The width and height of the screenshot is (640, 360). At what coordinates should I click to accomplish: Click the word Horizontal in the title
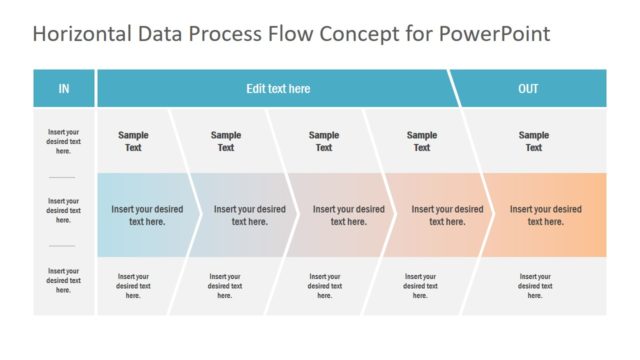(x=78, y=35)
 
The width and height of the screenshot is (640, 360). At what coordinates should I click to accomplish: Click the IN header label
(x=64, y=89)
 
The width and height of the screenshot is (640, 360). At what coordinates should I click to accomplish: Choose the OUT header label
(x=528, y=89)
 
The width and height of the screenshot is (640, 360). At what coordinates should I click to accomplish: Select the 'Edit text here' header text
(x=278, y=89)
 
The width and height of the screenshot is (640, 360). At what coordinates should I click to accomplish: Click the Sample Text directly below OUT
(x=534, y=141)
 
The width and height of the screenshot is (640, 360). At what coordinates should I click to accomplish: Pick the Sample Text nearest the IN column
(x=133, y=141)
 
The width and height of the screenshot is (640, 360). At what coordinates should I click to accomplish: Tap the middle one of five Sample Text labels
(x=324, y=141)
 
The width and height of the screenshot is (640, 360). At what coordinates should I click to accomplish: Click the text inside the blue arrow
(x=147, y=215)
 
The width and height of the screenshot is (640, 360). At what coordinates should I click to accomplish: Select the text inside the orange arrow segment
(x=546, y=215)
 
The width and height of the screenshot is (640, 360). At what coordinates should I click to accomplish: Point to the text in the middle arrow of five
(x=348, y=215)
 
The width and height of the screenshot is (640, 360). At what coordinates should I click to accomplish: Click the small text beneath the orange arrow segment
(x=535, y=286)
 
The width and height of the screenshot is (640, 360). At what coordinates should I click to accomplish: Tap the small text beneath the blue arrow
(x=133, y=286)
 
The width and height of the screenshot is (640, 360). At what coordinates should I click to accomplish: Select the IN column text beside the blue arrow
(x=63, y=211)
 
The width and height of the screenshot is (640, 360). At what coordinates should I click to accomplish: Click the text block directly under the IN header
(x=63, y=141)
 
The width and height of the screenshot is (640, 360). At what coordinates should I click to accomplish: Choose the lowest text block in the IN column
(x=63, y=280)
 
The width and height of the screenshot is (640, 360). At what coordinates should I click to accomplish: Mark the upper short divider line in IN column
(x=63, y=177)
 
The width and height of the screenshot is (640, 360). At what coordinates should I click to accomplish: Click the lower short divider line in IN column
(x=63, y=246)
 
